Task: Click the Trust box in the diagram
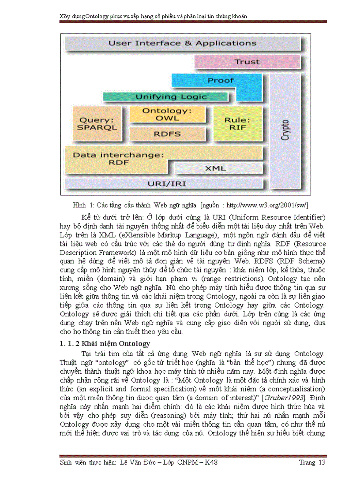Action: (x=247, y=62)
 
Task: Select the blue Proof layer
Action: (x=221, y=81)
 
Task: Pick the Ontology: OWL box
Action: (x=167, y=115)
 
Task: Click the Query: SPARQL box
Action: (x=97, y=124)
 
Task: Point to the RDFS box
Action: (x=167, y=133)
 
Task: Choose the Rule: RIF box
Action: (x=237, y=123)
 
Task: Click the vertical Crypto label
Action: (x=285, y=130)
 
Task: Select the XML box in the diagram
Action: (x=216, y=168)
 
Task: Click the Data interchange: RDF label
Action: (x=118, y=159)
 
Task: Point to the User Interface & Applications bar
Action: (x=182, y=44)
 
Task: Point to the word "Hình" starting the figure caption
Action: (x=79, y=205)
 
